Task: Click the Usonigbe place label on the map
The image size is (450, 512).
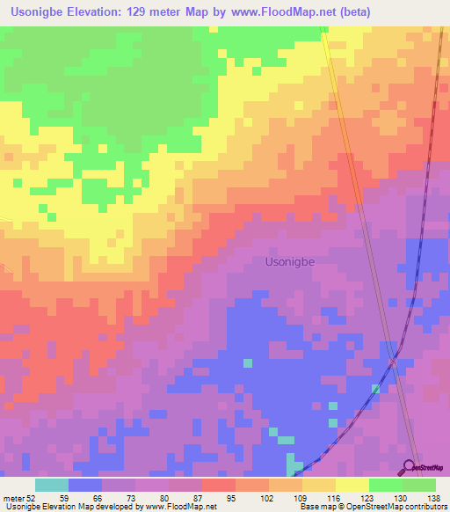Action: click(289, 261)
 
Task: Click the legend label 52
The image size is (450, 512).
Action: click(31, 498)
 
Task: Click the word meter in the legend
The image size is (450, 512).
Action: click(13, 498)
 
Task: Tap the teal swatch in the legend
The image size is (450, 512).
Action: click(51, 485)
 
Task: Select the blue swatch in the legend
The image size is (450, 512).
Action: click(84, 485)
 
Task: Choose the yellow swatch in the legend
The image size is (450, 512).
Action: click(352, 485)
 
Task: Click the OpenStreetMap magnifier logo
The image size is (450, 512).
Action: click(410, 468)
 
